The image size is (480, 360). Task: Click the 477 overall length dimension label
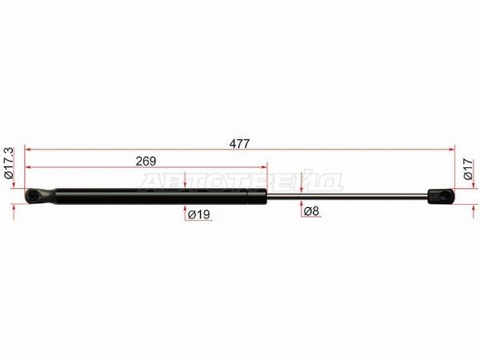point(240,143)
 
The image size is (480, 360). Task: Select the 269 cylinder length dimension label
point(146,161)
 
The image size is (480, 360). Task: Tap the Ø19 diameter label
point(199,214)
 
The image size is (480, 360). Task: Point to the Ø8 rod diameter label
point(311,211)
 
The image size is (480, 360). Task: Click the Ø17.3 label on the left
point(9,163)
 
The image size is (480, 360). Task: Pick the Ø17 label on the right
point(468,169)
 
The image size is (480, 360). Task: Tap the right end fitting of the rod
point(441,196)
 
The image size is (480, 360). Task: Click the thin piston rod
point(347,196)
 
